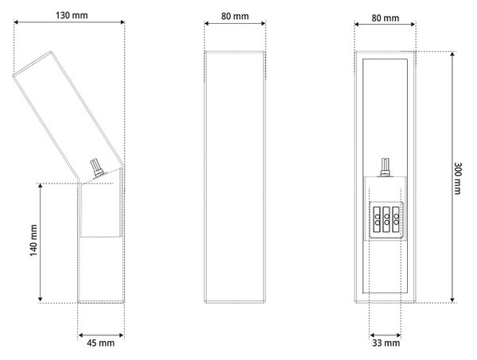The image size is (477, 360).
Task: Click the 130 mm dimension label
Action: click(72, 15)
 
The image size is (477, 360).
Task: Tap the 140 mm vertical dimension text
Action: click(33, 240)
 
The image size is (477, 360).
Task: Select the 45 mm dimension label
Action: click(101, 343)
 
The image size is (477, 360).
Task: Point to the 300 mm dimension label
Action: click(457, 178)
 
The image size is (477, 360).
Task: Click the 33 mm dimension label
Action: click(386, 343)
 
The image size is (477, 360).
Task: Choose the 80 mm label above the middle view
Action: click(235, 16)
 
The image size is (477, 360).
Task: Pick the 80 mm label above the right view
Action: click(385, 18)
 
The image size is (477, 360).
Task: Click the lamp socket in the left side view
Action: click(98, 168)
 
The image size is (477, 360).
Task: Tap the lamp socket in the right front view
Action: click(385, 167)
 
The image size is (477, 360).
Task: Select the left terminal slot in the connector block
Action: click(377, 219)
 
